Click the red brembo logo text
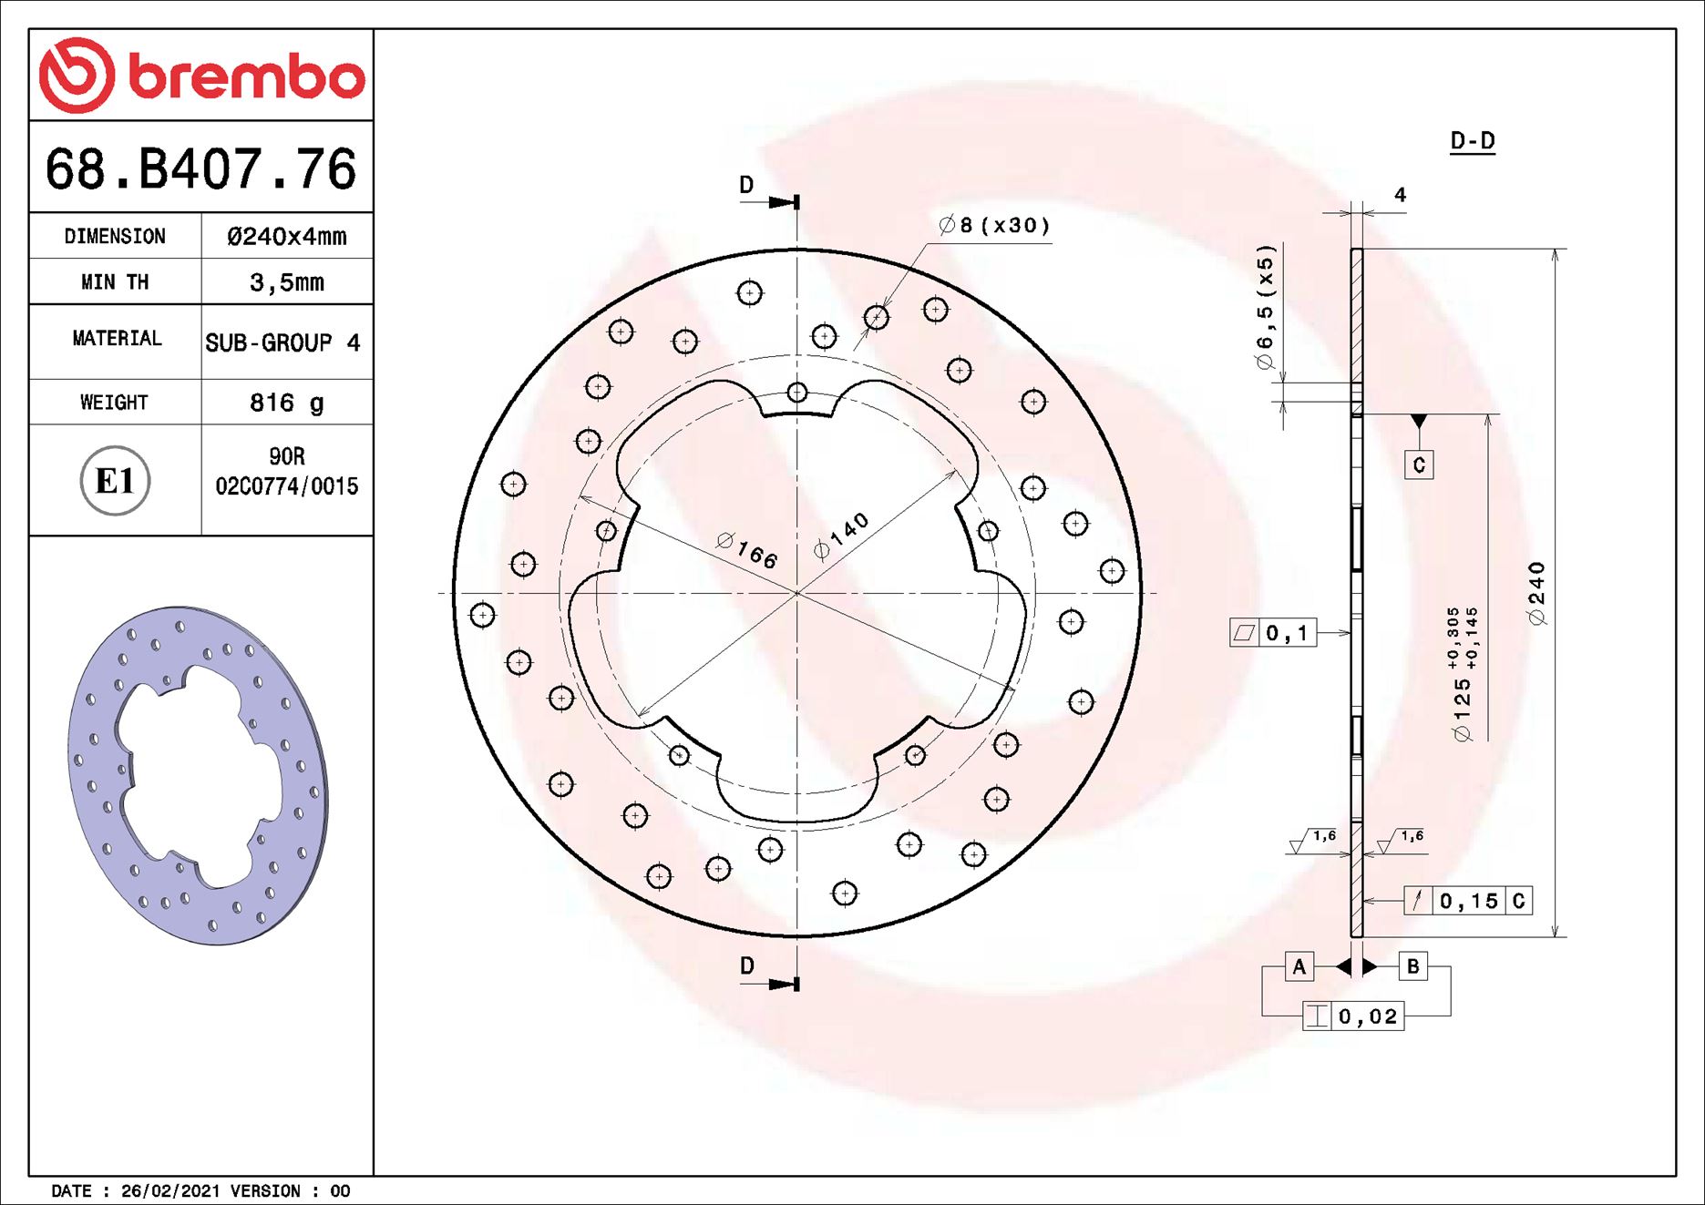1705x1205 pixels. click(246, 77)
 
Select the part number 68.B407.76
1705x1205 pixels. click(200, 169)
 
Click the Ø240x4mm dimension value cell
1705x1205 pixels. click(286, 237)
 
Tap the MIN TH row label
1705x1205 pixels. click(115, 282)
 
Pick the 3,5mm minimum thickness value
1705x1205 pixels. click(286, 282)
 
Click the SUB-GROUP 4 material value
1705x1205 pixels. click(282, 343)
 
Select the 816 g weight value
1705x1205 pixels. click(286, 403)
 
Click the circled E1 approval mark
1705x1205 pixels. click(115, 481)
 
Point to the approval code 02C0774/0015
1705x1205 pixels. click(286, 486)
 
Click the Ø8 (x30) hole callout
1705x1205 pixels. click(994, 225)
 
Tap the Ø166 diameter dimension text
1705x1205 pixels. click(747, 550)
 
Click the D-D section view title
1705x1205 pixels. click(1472, 141)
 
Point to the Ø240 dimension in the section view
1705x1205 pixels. click(1537, 594)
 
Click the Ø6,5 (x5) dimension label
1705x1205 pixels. click(1265, 308)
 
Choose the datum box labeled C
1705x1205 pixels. click(1418, 465)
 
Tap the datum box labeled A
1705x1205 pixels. click(1299, 966)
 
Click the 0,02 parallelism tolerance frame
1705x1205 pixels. click(1353, 1016)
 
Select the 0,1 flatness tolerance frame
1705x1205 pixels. click(1273, 633)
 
